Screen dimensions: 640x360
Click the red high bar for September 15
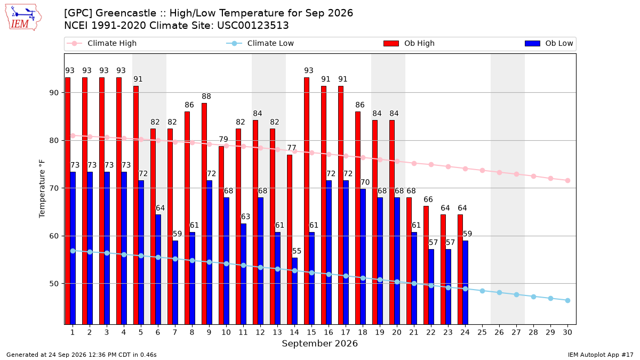[x=307, y=201]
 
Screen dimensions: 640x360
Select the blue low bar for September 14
[x=294, y=291]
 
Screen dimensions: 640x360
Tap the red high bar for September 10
[x=221, y=235]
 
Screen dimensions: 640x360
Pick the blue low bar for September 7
[x=175, y=283]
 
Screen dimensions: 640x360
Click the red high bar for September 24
[x=460, y=269]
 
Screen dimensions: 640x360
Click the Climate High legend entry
[x=101, y=43]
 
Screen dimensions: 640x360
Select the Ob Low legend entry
[x=549, y=43]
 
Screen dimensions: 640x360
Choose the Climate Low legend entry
[x=260, y=43]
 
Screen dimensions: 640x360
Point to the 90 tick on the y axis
[x=54, y=93]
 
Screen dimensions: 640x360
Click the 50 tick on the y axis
[x=54, y=284]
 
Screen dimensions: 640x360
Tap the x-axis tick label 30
[x=567, y=332]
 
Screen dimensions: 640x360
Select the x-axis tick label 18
[x=363, y=332]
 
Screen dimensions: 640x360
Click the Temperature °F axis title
[x=42, y=189]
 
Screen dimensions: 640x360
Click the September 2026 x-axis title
[x=319, y=343]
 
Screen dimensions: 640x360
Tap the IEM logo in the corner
[x=23, y=18]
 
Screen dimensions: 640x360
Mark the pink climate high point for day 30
[x=567, y=181]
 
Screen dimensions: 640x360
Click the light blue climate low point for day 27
[x=517, y=294]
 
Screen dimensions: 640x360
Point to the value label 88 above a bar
[x=206, y=97]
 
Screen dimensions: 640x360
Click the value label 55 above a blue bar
[x=297, y=251]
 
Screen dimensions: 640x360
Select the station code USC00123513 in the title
[x=253, y=26]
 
